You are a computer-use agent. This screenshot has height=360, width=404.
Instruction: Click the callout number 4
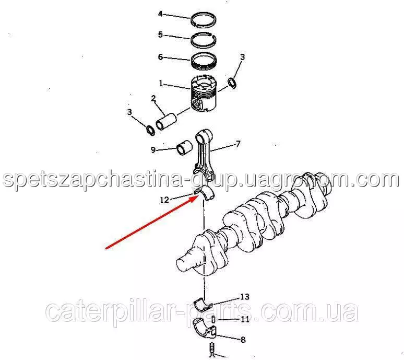point(160,14)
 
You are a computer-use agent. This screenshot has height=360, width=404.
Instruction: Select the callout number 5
point(160,34)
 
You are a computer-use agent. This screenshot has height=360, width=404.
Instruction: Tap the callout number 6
point(160,57)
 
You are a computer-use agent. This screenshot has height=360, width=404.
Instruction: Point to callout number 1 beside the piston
point(161,83)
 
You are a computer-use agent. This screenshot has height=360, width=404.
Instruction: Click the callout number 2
point(153,98)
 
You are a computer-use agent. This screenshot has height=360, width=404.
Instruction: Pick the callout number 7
point(238,143)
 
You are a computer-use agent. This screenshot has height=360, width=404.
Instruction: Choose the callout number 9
point(153,150)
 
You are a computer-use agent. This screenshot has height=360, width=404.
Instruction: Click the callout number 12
point(164,200)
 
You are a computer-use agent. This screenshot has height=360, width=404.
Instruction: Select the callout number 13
point(245,297)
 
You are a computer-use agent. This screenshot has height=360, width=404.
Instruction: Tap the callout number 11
point(245,320)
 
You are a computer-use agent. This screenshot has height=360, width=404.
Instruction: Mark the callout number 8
point(243,340)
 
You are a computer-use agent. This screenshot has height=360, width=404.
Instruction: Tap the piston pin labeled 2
point(166,122)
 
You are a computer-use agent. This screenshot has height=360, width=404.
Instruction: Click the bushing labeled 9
point(184,148)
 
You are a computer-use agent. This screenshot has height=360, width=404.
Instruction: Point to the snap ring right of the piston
point(233,83)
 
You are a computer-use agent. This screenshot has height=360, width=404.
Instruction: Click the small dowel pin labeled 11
point(213,319)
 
